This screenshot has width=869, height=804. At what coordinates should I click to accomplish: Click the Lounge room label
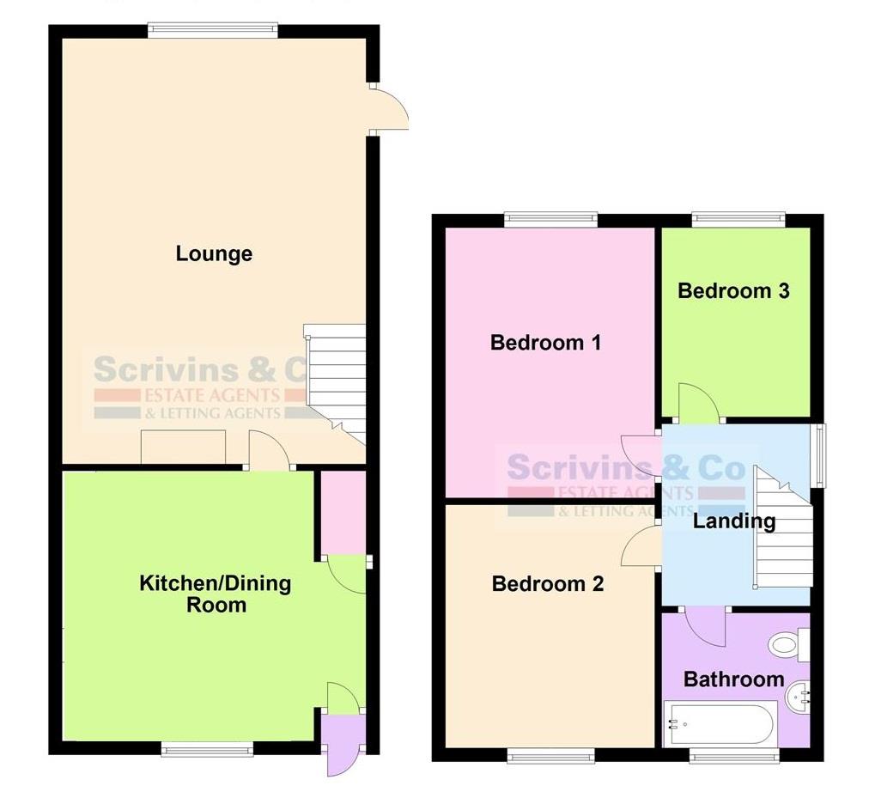(214, 253)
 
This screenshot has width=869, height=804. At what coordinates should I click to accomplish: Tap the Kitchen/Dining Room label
(216, 594)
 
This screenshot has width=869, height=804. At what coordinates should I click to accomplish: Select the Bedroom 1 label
(545, 343)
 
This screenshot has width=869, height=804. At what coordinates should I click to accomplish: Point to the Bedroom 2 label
(547, 584)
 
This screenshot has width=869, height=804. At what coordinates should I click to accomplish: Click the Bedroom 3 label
(733, 290)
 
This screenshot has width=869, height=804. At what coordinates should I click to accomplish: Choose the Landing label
(733, 521)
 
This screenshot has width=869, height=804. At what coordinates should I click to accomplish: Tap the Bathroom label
(733, 679)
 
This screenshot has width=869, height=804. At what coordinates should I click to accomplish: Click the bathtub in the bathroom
(720, 723)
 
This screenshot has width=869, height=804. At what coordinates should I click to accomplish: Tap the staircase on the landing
(783, 533)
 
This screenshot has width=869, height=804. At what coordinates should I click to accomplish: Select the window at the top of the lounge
(213, 31)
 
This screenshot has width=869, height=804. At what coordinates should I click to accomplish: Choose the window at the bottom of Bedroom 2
(550, 755)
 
